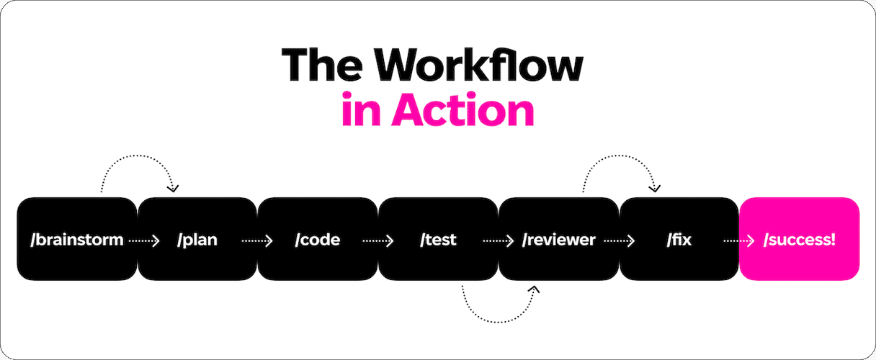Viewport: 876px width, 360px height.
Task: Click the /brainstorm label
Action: coord(76,240)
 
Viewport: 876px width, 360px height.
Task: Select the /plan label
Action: coord(197,240)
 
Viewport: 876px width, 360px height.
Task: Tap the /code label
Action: coord(317,240)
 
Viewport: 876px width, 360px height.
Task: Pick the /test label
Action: coord(438,240)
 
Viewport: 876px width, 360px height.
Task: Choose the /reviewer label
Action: coord(559,240)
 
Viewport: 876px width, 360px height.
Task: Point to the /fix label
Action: coord(679,240)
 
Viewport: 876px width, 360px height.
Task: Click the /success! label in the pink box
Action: coord(800,240)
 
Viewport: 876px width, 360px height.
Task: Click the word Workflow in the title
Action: coord(481,65)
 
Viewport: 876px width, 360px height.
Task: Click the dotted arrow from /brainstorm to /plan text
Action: coord(144,240)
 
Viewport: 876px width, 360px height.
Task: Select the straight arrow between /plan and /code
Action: coord(257,240)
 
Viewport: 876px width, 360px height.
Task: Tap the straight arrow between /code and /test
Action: coord(378,240)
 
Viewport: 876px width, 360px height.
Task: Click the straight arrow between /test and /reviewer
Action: coord(499,240)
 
